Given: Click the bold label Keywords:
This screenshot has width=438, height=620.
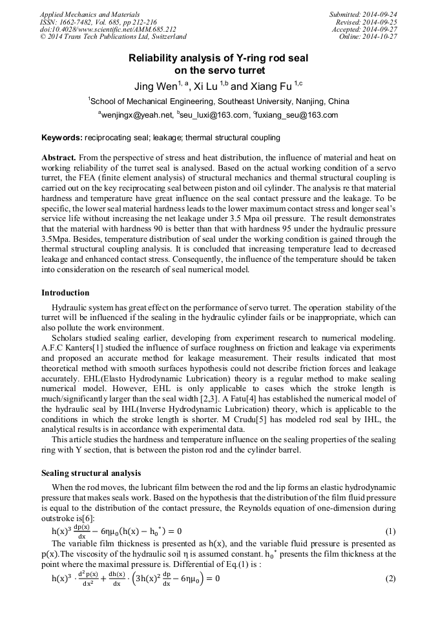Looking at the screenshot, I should point(62,138).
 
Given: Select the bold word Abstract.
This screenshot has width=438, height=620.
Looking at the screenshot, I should point(59,157).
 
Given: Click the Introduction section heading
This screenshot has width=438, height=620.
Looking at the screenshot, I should point(65,293).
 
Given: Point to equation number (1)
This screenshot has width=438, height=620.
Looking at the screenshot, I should point(390,531).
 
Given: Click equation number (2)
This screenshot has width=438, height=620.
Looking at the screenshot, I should point(390,578).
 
